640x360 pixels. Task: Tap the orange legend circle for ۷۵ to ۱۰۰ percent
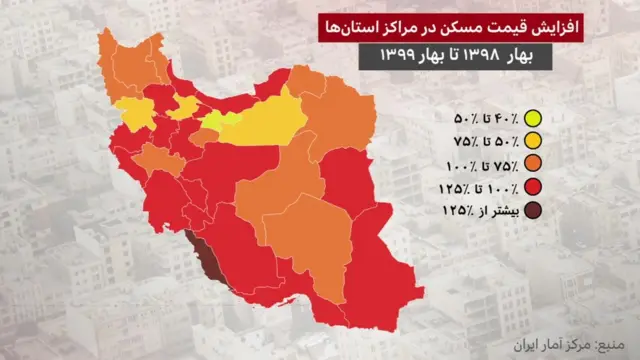[x=533, y=163]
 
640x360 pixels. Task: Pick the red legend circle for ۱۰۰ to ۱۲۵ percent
[x=533, y=186]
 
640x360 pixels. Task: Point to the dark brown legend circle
[x=533, y=210]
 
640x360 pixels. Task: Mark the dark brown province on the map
[x=204, y=255]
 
